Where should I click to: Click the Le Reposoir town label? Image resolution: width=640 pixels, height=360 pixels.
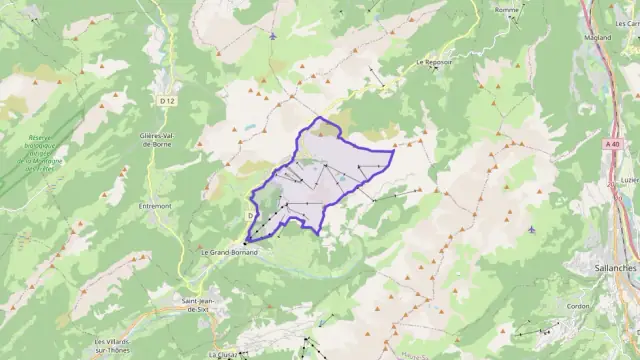click(x=433, y=61)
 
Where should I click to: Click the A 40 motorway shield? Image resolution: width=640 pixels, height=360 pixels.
click(x=612, y=146)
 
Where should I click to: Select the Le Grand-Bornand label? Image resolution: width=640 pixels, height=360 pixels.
click(x=229, y=252)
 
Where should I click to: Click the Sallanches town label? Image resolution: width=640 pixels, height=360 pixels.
click(x=603, y=268)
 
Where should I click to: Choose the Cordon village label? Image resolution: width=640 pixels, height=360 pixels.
click(x=579, y=307)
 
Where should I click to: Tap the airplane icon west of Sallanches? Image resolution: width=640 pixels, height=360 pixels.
click(x=530, y=229)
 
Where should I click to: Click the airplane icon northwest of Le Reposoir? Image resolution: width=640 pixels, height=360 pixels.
click(x=273, y=37)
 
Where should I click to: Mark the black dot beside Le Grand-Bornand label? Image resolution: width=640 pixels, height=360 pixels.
click(x=245, y=243)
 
